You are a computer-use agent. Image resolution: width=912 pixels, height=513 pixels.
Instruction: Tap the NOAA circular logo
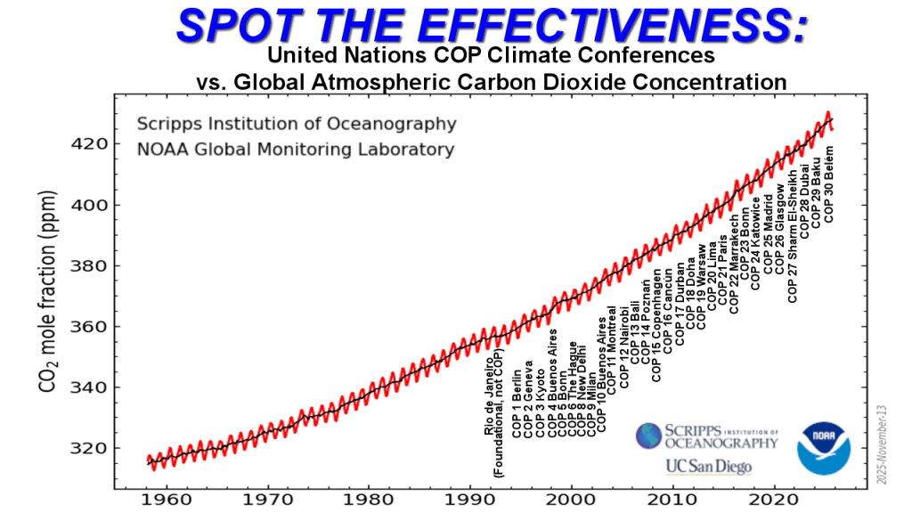[x=829, y=448]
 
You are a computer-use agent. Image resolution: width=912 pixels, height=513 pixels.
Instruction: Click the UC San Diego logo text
[x=708, y=466]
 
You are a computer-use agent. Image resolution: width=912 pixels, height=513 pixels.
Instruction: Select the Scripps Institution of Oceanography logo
[x=706, y=436]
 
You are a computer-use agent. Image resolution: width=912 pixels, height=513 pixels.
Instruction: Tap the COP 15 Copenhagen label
[x=657, y=324]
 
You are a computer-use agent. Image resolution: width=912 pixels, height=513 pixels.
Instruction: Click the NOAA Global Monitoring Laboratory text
[x=295, y=150]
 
